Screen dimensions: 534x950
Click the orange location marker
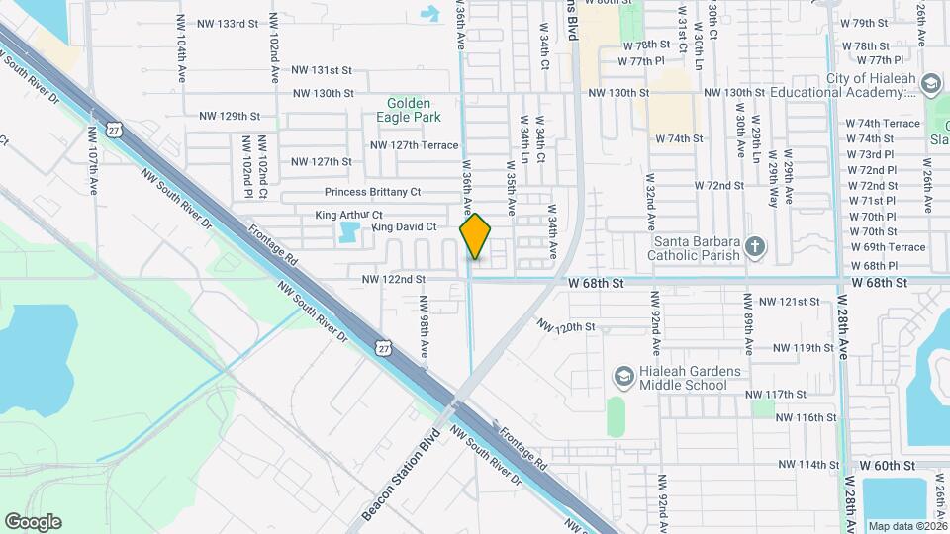coord(476,235)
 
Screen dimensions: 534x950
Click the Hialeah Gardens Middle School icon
coord(623,376)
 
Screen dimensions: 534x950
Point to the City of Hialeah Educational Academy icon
coord(929,84)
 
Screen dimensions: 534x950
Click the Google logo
coord(33,522)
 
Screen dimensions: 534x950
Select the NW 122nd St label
coord(393,280)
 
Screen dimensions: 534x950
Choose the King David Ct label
coord(404,227)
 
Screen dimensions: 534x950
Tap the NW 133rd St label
coord(228,23)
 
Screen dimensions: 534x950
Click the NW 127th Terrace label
coord(415,145)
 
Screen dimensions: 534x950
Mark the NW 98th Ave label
coord(423,326)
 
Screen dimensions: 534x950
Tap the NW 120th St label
coord(566,326)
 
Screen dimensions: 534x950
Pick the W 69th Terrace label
coord(887,247)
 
